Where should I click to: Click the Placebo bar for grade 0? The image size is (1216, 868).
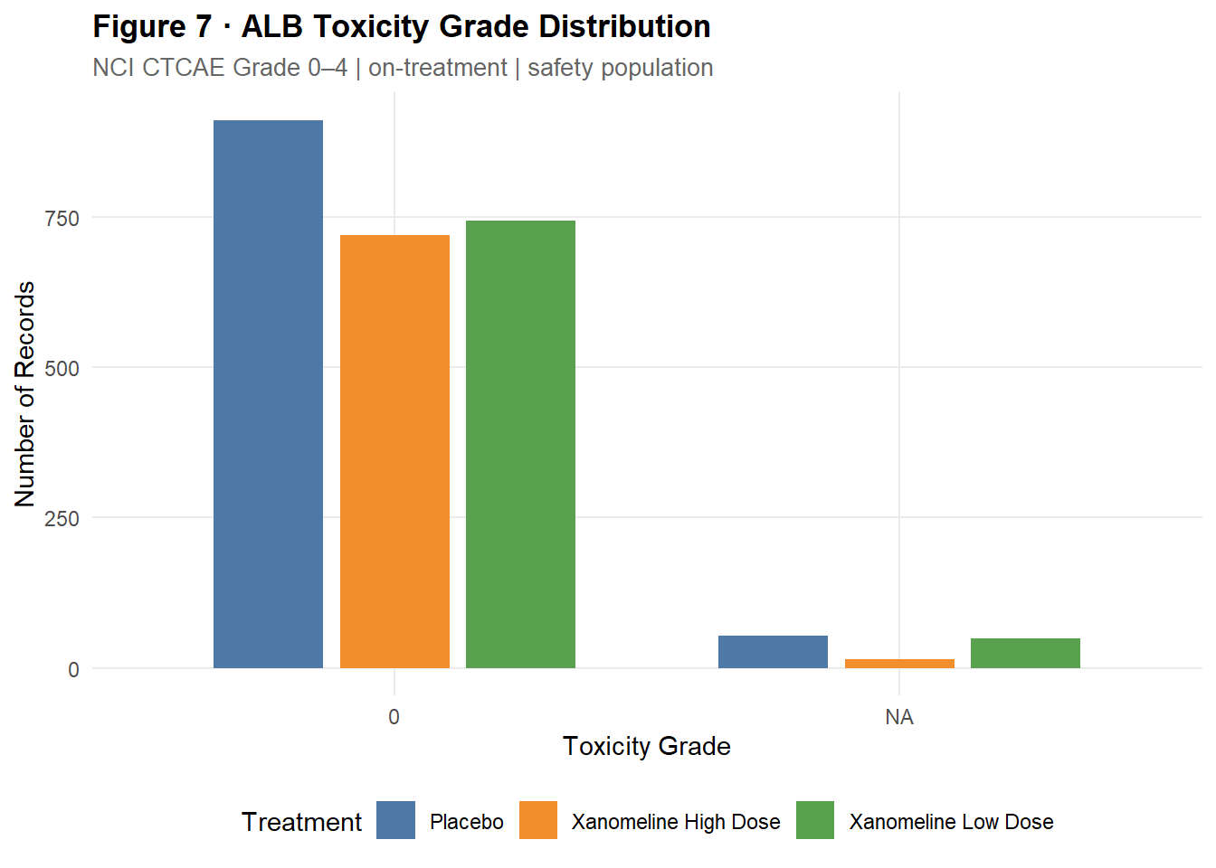pyautogui.click(x=268, y=394)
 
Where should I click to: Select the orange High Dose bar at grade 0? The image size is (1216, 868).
pyautogui.click(x=394, y=451)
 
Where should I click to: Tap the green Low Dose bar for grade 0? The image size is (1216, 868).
pyautogui.click(x=520, y=444)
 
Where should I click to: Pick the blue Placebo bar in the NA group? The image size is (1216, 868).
pyautogui.click(x=773, y=652)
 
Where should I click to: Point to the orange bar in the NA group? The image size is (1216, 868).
pyautogui.click(x=899, y=664)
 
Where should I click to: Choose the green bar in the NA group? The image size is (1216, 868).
pyautogui.click(x=1025, y=653)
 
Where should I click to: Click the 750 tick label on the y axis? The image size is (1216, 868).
pyautogui.click(x=62, y=218)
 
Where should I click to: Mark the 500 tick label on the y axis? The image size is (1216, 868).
pyautogui.click(x=62, y=368)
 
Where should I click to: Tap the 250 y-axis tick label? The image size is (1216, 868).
pyautogui.click(x=62, y=519)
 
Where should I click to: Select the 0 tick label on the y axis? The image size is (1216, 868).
pyautogui.click(x=73, y=670)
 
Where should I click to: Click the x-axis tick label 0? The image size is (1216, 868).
pyautogui.click(x=394, y=717)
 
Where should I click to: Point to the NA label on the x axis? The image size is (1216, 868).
pyautogui.click(x=899, y=717)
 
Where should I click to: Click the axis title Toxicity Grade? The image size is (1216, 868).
pyautogui.click(x=646, y=746)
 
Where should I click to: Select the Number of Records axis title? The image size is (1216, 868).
pyautogui.click(x=24, y=394)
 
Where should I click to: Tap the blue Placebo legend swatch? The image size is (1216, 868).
pyautogui.click(x=395, y=820)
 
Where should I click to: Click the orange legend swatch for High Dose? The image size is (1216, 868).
pyautogui.click(x=538, y=820)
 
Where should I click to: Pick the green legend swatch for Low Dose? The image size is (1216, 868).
pyautogui.click(x=815, y=820)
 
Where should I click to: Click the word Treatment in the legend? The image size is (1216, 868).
pyautogui.click(x=301, y=822)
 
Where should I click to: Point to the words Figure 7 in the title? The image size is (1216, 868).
pyautogui.click(x=151, y=27)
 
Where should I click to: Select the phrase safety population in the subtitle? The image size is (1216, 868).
pyautogui.click(x=620, y=68)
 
